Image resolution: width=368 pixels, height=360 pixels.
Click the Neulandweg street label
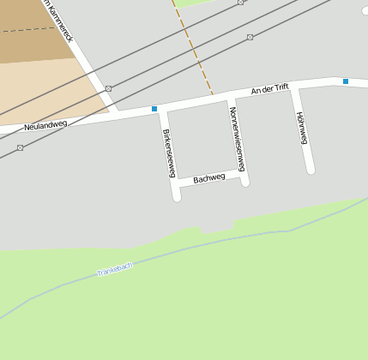(45, 125)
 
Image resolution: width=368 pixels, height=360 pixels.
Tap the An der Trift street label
(270, 89)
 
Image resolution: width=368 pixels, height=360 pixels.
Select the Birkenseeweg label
(169, 153)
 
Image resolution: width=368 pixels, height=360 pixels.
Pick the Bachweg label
(208, 178)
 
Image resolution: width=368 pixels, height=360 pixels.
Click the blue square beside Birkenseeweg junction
(154, 109)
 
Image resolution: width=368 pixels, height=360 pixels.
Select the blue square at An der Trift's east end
(346, 81)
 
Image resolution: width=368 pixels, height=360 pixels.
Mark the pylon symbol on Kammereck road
(108, 88)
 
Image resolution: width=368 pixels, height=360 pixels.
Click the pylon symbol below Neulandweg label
(20, 147)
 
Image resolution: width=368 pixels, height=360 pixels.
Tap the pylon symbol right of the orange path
(250, 37)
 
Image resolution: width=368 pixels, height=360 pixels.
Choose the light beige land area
(43, 86)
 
